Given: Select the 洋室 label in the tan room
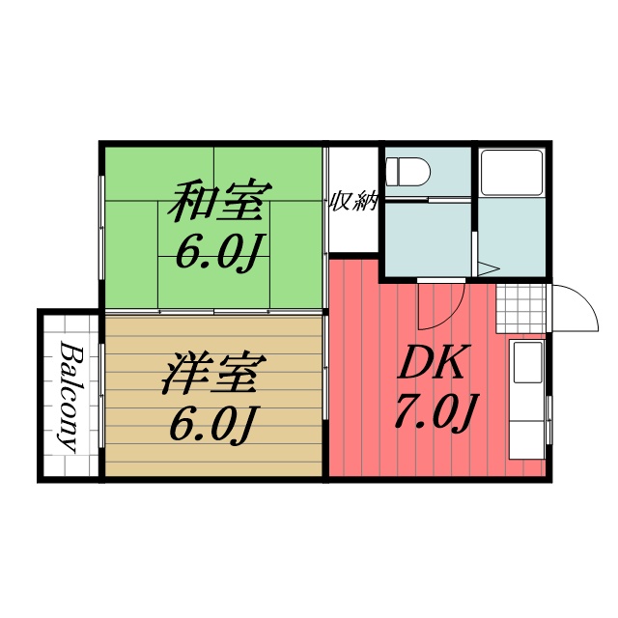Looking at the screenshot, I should [x=210, y=375].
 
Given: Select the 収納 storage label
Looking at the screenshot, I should [x=353, y=202].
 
